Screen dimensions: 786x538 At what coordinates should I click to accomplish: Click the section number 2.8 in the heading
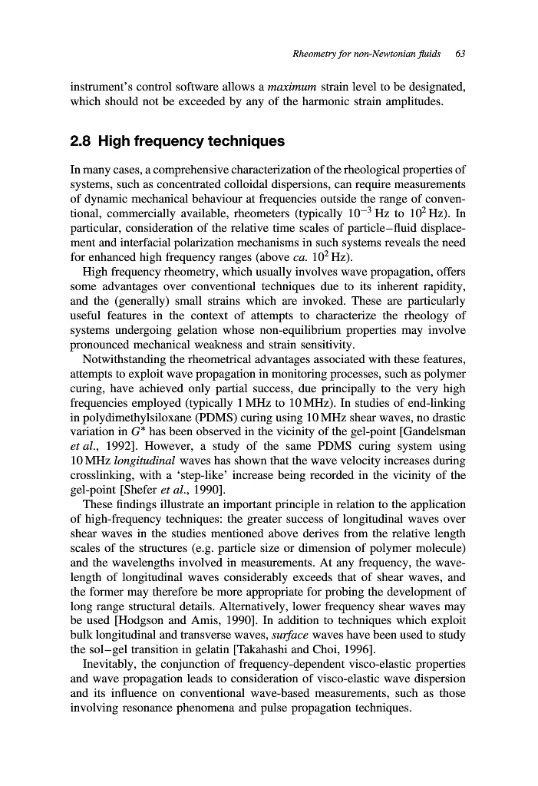pos(81,141)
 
